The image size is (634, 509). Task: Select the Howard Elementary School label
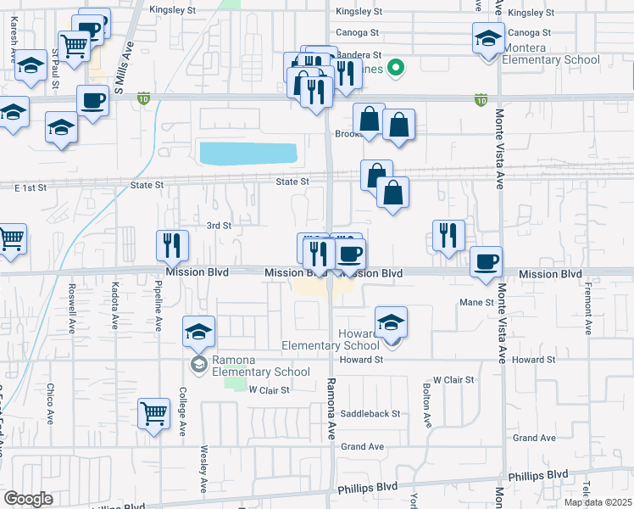click(331, 339)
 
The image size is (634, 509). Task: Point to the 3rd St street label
click(219, 225)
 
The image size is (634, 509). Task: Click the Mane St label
click(475, 302)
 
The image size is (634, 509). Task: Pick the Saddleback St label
click(370, 414)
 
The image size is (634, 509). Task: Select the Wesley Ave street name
click(203, 470)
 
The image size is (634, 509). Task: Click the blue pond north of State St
click(247, 154)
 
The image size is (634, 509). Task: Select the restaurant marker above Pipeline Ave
click(172, 245)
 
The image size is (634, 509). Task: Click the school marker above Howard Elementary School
click(391, 322)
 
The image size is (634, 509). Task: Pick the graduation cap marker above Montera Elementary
click(488, 39)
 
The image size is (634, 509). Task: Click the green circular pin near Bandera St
click(394, 67)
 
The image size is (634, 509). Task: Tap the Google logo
click(27, 499)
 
